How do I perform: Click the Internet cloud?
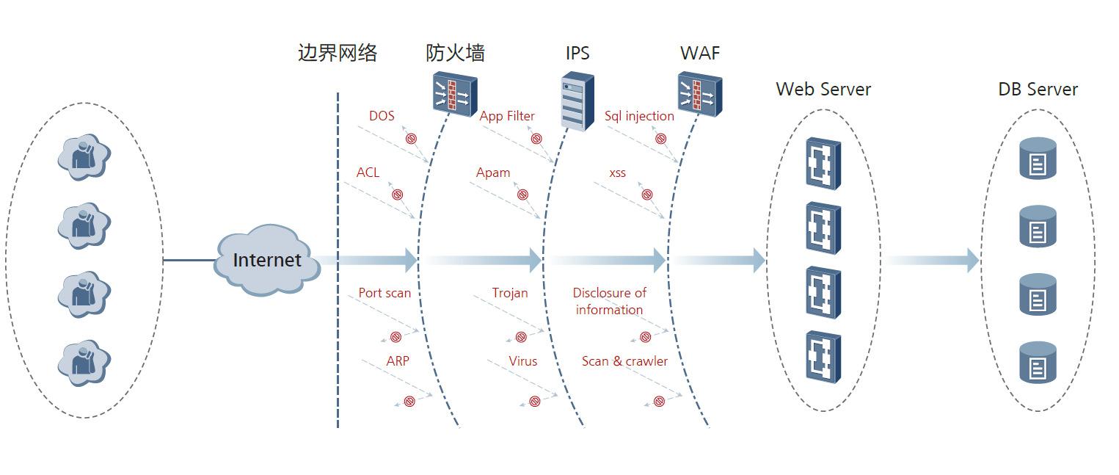(x=267, y=261)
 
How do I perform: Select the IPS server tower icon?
(x=577, y=101)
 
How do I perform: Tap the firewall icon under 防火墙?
(x=454, y=94)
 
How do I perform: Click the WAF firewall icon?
(x=699, y=94)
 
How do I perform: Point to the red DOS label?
(x=382, y=116)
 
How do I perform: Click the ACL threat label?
(x=368, y=173)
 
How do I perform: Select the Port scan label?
(x=384, y=293)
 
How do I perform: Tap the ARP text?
(x=398, y=361)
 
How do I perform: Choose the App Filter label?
(x=507, y=116)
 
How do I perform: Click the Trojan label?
(x=510, y=293)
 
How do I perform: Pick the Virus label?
(x=523, y=361)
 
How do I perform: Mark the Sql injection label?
(x=639, y=116)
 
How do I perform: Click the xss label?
(x=618, y=173)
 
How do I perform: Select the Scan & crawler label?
(x=624, y=361)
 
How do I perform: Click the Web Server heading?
(x=823, y=90)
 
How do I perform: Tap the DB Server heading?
(x=1038, y=90)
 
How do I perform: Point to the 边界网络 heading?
(x=338, y=53)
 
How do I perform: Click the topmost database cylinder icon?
(x=1038, y=158)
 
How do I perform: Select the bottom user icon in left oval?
(x=84, y=363)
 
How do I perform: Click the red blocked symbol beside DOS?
(x=412, y=138)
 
